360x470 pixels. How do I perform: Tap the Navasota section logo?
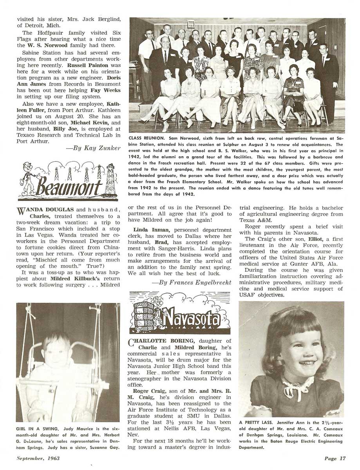(x=179, y=312)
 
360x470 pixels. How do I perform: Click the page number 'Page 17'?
(x=335, y=458)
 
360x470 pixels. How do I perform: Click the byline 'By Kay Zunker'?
(x=99, y=148)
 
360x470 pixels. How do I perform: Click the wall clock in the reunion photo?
(x=191, y=24)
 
